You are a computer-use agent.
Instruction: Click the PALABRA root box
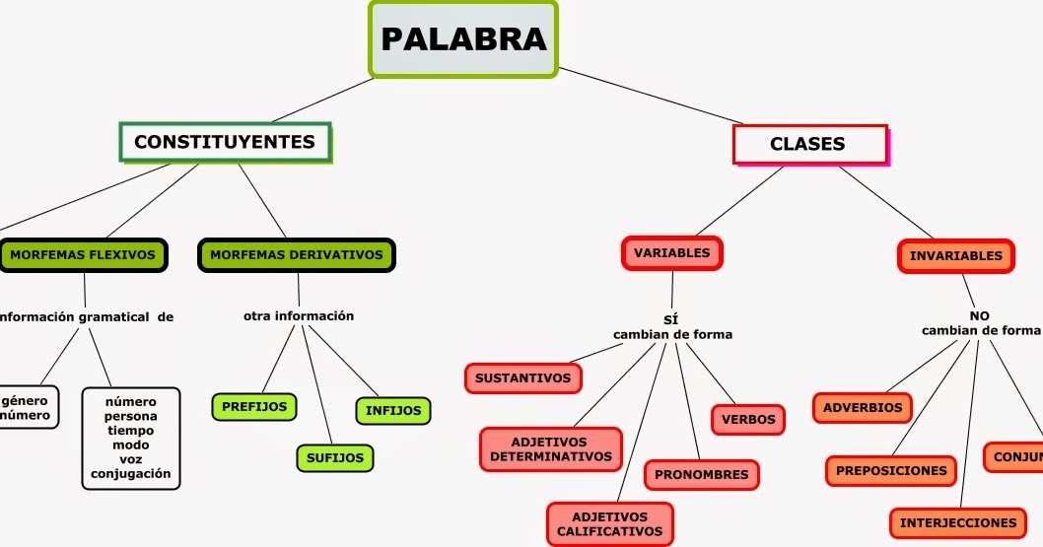(463, 38)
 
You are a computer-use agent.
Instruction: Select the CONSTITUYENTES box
(225, 142)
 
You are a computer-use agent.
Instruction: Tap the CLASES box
(808, 144)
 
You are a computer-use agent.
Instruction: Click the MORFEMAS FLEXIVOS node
(83, 255)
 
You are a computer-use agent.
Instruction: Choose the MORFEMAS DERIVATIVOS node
(297, 255)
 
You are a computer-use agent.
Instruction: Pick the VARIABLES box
(672, 253)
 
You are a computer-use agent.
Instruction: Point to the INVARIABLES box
(955, 256)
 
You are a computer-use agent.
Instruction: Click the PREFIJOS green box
(254, 406)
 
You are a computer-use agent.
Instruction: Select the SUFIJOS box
(335, 457)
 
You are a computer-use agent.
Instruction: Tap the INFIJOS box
(393, 411)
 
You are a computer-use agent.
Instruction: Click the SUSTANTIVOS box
(522, 378)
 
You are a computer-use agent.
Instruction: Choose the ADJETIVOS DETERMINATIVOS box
(550, 449)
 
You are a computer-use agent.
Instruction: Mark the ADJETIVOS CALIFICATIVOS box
(609, 524)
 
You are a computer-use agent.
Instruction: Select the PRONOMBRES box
(702, 475)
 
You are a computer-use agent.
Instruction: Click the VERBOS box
(748, 420)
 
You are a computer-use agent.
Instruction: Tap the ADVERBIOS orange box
(863, 408)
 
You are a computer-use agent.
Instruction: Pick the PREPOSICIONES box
(891, 471)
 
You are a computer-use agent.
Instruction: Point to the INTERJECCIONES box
(957, 522)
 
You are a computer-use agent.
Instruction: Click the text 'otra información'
(299, 316)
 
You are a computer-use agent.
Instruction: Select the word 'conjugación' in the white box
(131, 474)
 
